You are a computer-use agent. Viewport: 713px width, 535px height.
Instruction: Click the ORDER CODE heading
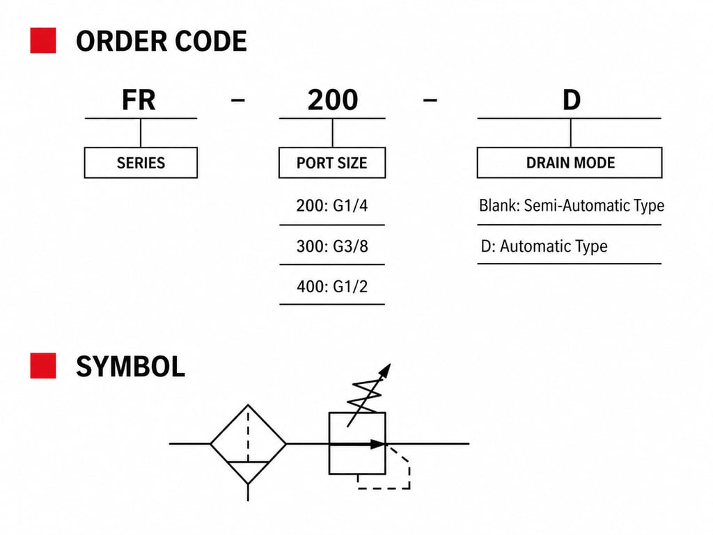(161, 42)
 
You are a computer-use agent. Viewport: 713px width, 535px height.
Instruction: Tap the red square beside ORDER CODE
(43, 41)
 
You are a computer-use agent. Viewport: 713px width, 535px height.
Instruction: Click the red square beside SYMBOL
(43, 366)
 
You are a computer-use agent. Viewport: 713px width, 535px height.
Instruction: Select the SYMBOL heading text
(130, 367)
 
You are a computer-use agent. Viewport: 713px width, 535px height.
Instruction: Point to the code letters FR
(139, 101)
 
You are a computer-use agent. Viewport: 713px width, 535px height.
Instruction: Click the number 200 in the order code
(332, 101)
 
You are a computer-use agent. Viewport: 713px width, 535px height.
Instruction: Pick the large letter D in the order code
(571, 101)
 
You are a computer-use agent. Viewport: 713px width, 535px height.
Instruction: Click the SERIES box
(141, 163)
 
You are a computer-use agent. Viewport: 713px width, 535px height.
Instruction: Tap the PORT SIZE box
(331, 163)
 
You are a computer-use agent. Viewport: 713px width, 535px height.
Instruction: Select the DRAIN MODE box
(570, 163)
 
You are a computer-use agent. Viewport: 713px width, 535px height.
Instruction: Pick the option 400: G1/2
(331, 286)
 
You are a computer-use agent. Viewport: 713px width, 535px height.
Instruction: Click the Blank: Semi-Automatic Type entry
(571, 206)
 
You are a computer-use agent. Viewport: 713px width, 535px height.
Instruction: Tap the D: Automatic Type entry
(544, 246)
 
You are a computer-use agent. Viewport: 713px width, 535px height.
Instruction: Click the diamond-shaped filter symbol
(248, 443)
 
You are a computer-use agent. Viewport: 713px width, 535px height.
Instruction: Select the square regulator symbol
(356, 443)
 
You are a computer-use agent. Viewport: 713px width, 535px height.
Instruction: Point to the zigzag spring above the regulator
(366, 398)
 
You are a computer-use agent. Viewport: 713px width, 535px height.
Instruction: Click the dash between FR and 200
(237, 101)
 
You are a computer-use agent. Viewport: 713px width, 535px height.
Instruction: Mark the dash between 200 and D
(430, 101)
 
